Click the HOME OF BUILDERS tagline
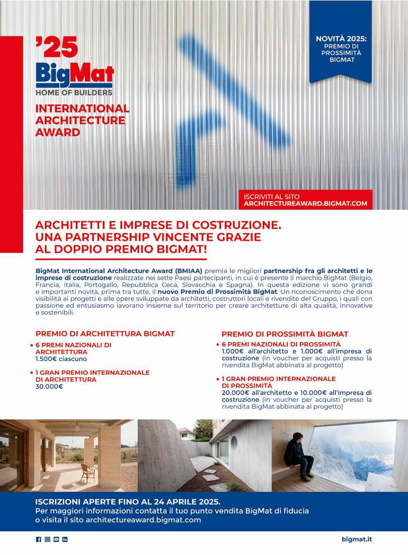[x=74, y=92]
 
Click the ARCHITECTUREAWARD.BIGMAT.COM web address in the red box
[x=306, y=204]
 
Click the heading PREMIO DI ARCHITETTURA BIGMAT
[x=105, y=333]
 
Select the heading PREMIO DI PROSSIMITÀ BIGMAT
[x=285, y=334]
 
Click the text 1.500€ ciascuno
[x=61, y=359]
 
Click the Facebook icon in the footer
[x=39, y=539]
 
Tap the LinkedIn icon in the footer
[x=65, y=539]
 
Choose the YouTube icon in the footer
[x=56, y=539]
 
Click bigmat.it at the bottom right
[x=357, y=539]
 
